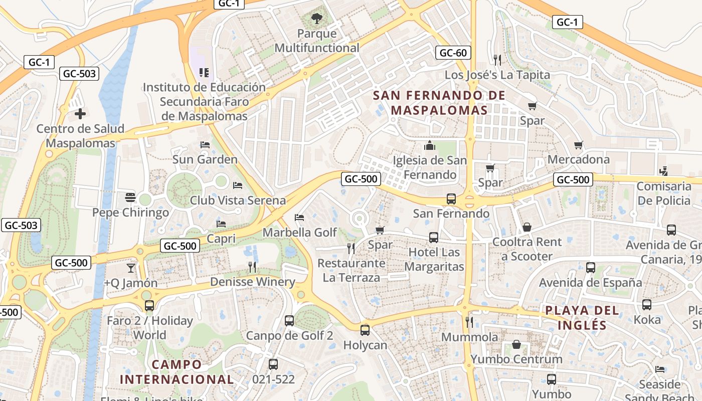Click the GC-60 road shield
[453, 53]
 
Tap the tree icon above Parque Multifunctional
[316, 19]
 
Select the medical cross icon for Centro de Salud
[80, 114]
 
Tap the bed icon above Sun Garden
[205, 145]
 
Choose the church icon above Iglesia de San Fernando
[430, 146]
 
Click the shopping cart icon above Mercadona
[578, 145]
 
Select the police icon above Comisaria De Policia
[663, 171]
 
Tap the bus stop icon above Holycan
[365, 330]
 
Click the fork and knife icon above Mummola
[469, 322]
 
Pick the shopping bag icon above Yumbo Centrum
[516, 344]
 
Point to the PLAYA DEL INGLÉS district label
[582, 317]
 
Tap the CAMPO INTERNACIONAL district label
[177, 371]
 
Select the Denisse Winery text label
[253, 282]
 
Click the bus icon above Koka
[647, 304]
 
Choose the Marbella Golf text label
[300, 233]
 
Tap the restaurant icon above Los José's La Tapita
[497, 60]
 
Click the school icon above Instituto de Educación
[204, 73]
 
